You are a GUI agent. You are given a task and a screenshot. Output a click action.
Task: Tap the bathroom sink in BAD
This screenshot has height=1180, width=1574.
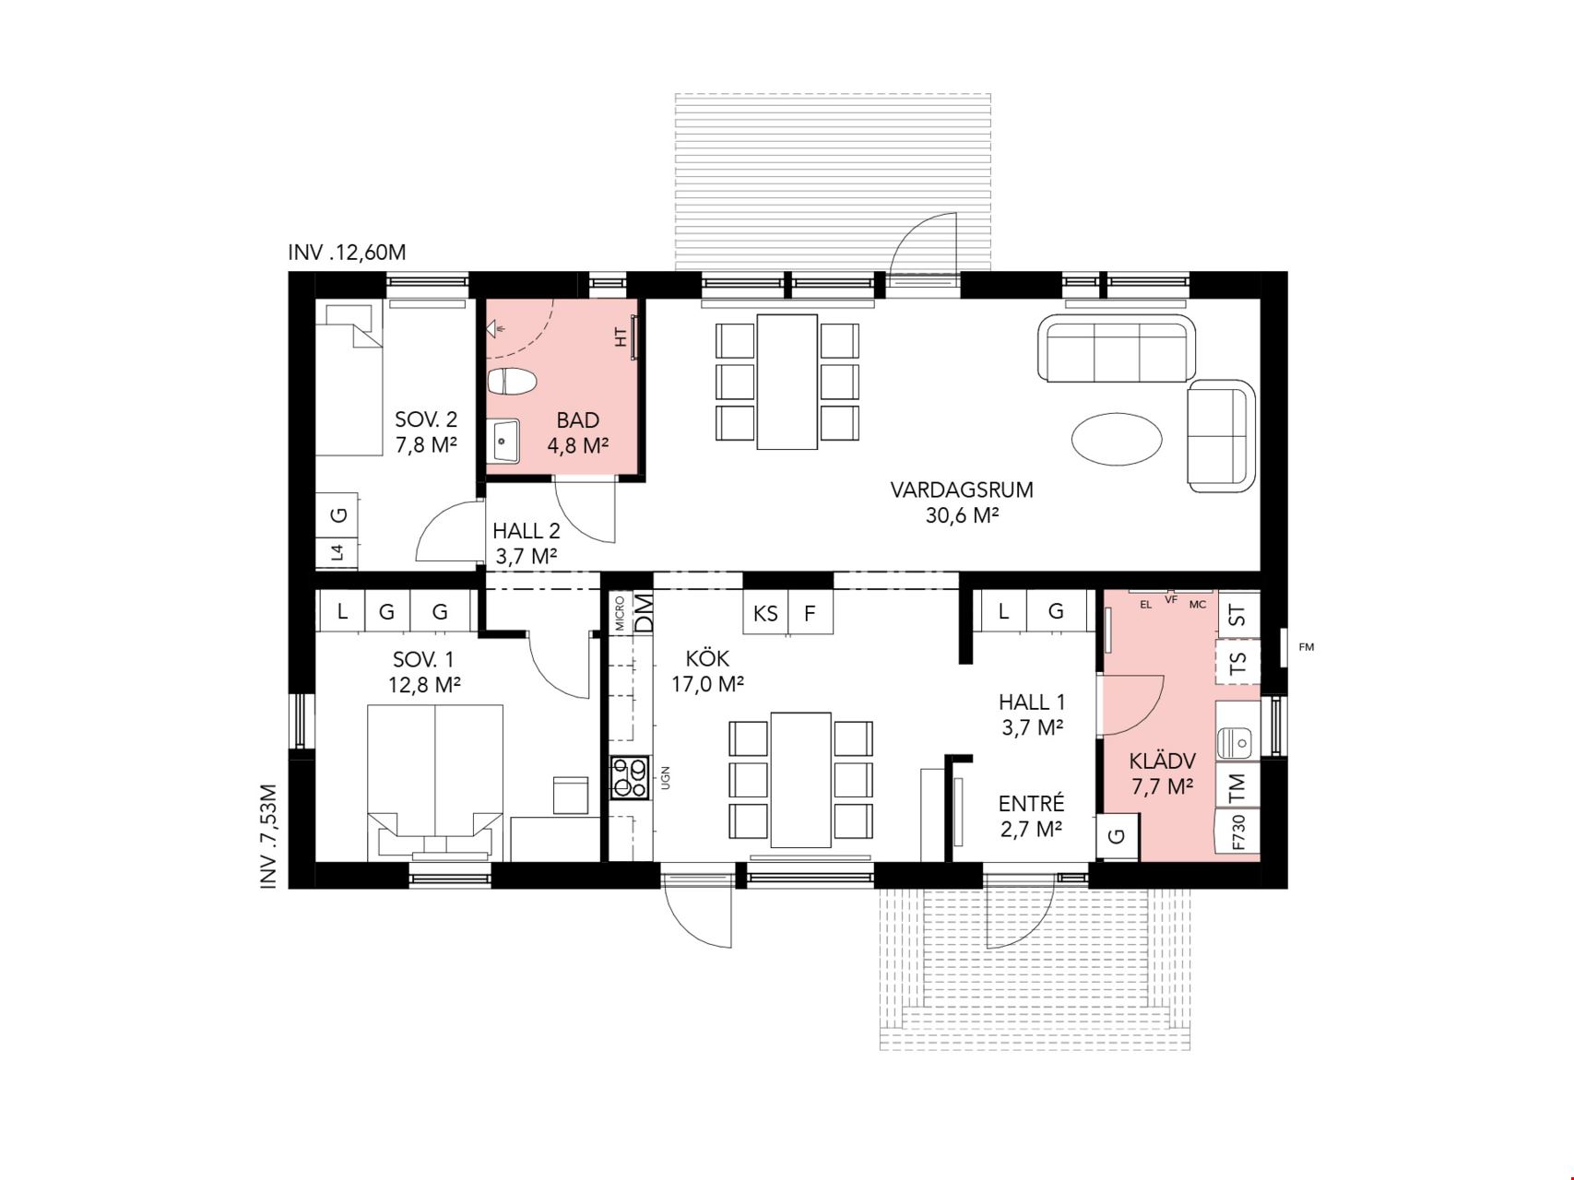(503, 442)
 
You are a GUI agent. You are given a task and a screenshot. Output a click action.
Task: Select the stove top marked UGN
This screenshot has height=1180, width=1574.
(629, 777)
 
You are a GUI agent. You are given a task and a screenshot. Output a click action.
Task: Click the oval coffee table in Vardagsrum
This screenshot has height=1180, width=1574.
(1116, 440)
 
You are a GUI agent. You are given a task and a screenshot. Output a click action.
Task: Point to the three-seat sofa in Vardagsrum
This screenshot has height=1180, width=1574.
(1116, 348)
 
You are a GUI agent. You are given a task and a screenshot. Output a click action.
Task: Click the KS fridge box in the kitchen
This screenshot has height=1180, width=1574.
(766, 613)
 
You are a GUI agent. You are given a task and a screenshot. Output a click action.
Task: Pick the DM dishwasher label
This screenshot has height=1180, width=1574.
(644, 612)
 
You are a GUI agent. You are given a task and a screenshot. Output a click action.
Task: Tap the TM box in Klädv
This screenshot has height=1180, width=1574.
(1237, 785)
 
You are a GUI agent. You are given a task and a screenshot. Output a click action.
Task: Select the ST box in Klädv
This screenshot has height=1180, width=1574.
(1238, 614)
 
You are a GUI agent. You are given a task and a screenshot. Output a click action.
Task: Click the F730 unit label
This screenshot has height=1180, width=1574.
(1238, 832)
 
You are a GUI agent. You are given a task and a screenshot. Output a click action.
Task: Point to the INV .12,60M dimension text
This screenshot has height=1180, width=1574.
(347, 253)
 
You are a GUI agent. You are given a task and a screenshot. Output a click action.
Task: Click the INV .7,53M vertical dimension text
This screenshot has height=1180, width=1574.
(268, 836)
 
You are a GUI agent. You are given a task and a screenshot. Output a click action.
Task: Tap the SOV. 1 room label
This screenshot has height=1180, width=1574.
(423, 660)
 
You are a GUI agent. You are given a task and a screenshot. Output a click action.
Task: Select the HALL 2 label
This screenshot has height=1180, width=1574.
(527, 531)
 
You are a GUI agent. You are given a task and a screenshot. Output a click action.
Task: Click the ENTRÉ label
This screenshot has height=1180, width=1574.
(1031, 803)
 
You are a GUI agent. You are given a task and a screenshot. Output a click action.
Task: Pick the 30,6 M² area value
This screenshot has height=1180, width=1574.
(963, 515)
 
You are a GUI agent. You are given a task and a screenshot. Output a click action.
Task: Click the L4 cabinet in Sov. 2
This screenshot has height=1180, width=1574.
(337, 553)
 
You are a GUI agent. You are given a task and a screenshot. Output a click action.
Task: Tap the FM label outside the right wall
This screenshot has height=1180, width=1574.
(1306, 647)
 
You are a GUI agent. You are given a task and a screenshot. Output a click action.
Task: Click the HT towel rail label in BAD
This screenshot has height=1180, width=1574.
(621, 337)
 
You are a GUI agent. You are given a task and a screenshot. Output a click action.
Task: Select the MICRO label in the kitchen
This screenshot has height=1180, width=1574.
(620, 613)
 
